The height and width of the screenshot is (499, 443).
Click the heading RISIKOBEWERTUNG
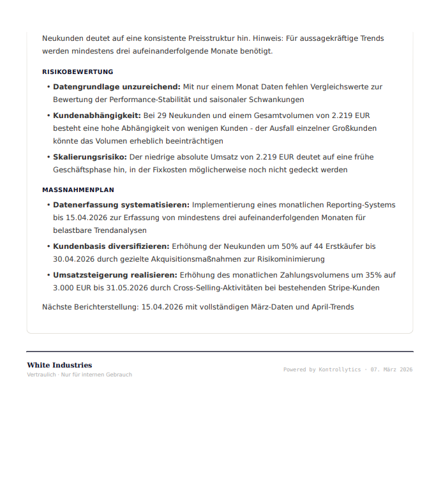coord(77,72)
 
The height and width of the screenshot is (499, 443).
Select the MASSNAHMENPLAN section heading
coord(78,190)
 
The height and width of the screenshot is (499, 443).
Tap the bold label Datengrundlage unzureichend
coord(116,87)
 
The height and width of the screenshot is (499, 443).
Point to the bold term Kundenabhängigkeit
coord(96,115)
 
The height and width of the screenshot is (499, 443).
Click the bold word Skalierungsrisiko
coord(89,157)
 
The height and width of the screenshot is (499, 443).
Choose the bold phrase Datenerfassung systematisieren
coord(121,205)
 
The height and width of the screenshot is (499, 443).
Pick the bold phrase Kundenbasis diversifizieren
coord(110,246)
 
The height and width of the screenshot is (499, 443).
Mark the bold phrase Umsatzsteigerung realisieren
coord(115,275)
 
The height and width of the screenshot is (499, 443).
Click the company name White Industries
coord(59,365)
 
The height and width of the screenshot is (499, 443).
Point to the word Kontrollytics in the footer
coord(340,369)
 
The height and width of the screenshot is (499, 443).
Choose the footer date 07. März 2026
coord(391,369)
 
